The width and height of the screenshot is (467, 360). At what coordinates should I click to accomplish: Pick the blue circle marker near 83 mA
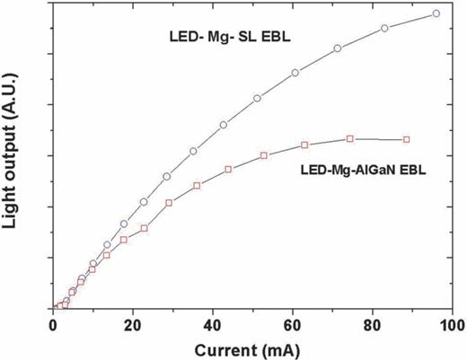384,28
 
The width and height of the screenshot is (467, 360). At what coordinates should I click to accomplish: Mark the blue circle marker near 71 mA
338,48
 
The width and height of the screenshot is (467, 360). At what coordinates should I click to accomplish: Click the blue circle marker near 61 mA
295,73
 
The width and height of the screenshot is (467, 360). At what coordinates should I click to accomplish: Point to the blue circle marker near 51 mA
257,98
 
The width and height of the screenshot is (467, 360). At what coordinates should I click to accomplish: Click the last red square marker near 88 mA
407,139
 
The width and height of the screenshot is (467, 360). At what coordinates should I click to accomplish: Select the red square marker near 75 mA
350,138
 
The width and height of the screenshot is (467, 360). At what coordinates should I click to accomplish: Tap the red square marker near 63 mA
304,145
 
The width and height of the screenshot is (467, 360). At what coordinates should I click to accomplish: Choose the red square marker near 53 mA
264,155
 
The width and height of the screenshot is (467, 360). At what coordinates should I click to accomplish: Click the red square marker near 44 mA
228,169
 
